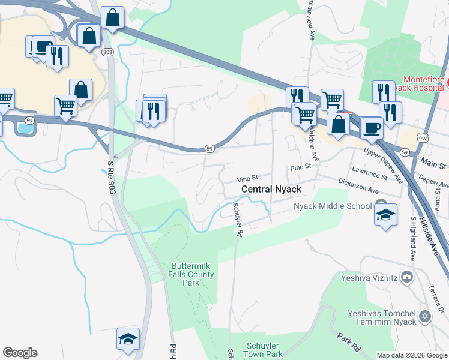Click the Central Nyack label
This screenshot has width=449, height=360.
click(271, 189)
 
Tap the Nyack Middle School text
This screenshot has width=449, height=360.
click(333, 206)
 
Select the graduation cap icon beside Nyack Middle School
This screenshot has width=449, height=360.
click(385, 215)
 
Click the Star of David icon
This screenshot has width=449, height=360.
click(426, 316)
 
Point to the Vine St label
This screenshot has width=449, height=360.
click(247, 178)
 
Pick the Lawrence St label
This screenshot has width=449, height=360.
click(370, 173)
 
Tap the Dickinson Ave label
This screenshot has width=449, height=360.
click(358, 186)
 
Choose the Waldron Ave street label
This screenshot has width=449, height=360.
click(313, 144)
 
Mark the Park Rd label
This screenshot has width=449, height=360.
click(348, 343)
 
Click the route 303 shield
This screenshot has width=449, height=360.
click(107, 53)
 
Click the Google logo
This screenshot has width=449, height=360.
click(20, 353)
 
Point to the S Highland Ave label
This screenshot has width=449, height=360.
click(413, 237)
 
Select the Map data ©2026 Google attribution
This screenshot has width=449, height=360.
click(412, 355)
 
